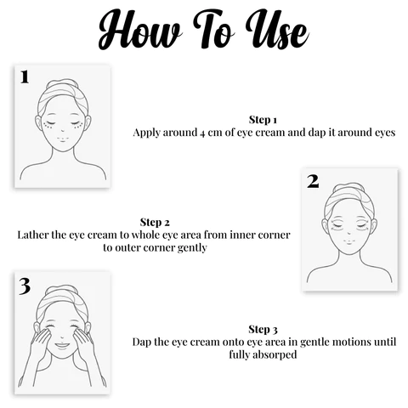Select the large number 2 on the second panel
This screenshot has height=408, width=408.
click(x=313, y=180)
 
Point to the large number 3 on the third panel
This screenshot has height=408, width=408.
click(x=25, y=286)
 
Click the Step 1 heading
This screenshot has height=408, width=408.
click(x=263, y=120)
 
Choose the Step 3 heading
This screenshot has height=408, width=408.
click(x=263, y=329)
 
